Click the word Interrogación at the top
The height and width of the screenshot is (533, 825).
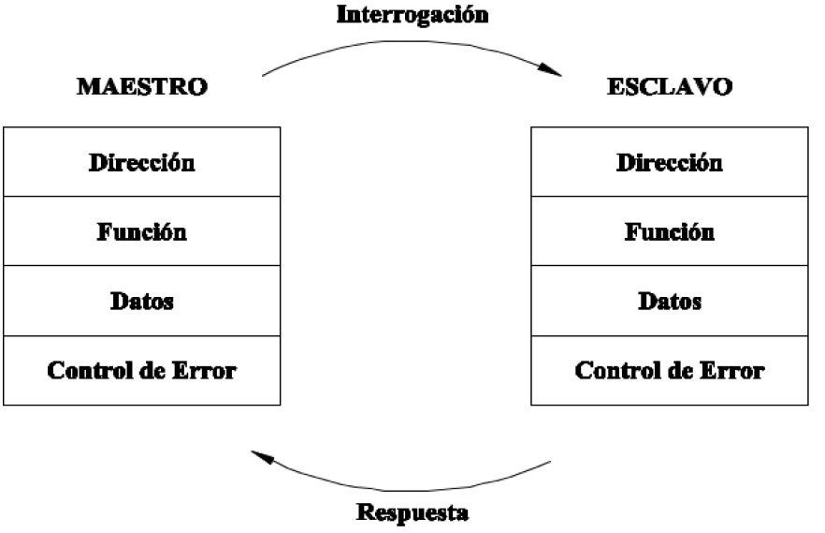tap(412, 16)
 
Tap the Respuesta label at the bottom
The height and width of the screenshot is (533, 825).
tap(412, 513)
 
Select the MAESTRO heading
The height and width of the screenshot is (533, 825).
tap(141, 87)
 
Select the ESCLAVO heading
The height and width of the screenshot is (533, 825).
tap(670, 87)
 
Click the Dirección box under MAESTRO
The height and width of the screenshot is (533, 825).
tap(141, 162)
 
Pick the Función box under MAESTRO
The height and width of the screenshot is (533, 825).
tap(141, 231)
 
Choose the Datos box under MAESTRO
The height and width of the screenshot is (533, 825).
tap(141, 301)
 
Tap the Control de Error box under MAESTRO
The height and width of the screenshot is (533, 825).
tap(141, 370)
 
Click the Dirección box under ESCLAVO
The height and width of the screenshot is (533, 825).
tap(670, 162)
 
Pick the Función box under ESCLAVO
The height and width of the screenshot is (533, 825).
tap(670, 231)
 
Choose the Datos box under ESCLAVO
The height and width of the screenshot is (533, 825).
tap(670, 301)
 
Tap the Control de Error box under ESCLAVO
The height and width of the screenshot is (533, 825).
tap(670, 370)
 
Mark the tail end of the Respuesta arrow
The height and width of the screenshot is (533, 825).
tap(550, 461)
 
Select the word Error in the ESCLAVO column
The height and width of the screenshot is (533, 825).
tap(731, 370)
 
